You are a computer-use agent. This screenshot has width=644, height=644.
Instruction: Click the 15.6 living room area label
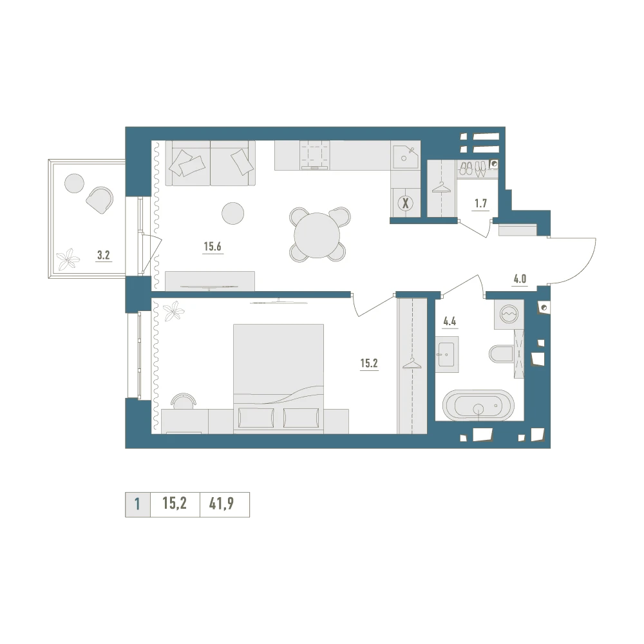click(213, 247)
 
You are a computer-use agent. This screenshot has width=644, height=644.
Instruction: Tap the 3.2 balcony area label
click(104, 255)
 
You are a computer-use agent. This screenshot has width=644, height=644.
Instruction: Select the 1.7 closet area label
click(480, 204)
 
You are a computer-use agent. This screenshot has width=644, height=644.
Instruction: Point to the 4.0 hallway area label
click(520, 279)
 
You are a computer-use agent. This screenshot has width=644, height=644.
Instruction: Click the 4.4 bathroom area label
click(450, 321)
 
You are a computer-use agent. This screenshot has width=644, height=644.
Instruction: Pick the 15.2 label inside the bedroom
click(369, 363)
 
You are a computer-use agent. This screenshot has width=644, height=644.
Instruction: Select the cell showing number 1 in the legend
click(137, 504)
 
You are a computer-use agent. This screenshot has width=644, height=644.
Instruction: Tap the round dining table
click(317, 235)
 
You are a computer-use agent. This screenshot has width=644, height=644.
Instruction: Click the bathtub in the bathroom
click(478, 405)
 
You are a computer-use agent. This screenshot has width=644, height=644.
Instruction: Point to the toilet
click(501, 353)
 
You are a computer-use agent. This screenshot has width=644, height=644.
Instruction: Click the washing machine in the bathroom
click(509, 314)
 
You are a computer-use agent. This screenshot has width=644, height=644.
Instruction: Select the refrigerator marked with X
click(406, 203)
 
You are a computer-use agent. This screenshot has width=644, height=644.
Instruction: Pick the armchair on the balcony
click(99, 200)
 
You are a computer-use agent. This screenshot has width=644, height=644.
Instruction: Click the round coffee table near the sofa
click(233, 213)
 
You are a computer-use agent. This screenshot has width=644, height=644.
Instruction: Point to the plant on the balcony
click(68, 259)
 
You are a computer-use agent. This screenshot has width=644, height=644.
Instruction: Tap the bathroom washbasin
click(447, 354)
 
